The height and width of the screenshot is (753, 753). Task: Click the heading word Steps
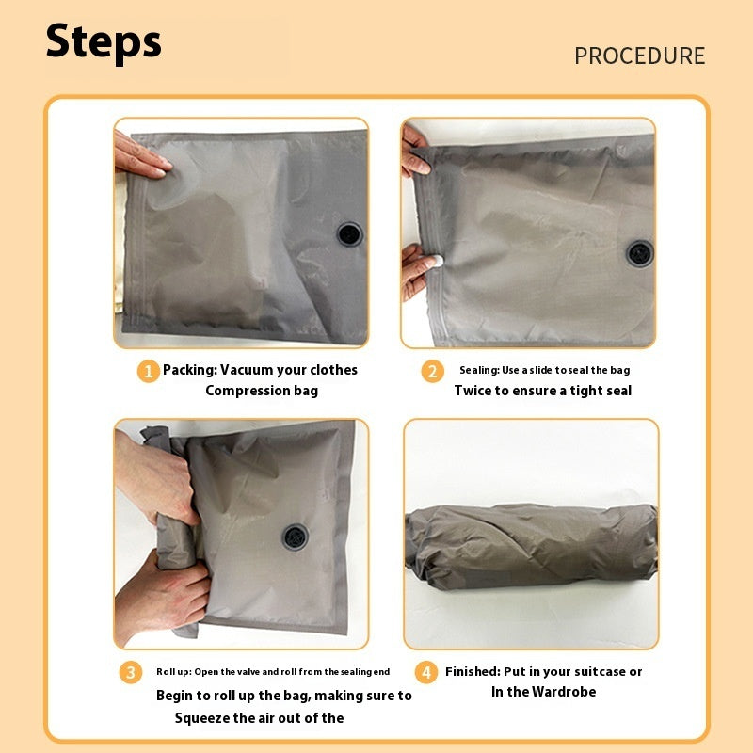(104, 42)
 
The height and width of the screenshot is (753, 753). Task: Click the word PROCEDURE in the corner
(639, 56)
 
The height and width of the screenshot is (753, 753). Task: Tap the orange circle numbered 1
(149, 372)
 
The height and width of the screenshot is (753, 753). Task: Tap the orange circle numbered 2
(432, 372)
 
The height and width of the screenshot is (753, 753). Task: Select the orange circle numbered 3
(131, 673)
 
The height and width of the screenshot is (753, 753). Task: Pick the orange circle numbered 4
(427, 673)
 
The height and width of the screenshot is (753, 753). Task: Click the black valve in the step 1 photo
(349, 233)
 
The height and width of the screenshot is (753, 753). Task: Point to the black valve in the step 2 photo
(640, 252)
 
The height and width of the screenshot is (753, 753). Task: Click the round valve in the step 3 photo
(295, 537)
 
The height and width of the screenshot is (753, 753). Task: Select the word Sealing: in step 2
(479, 371)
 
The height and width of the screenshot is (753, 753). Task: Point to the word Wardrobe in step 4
(561, 692)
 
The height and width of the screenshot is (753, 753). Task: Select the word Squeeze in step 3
(204, 718)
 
